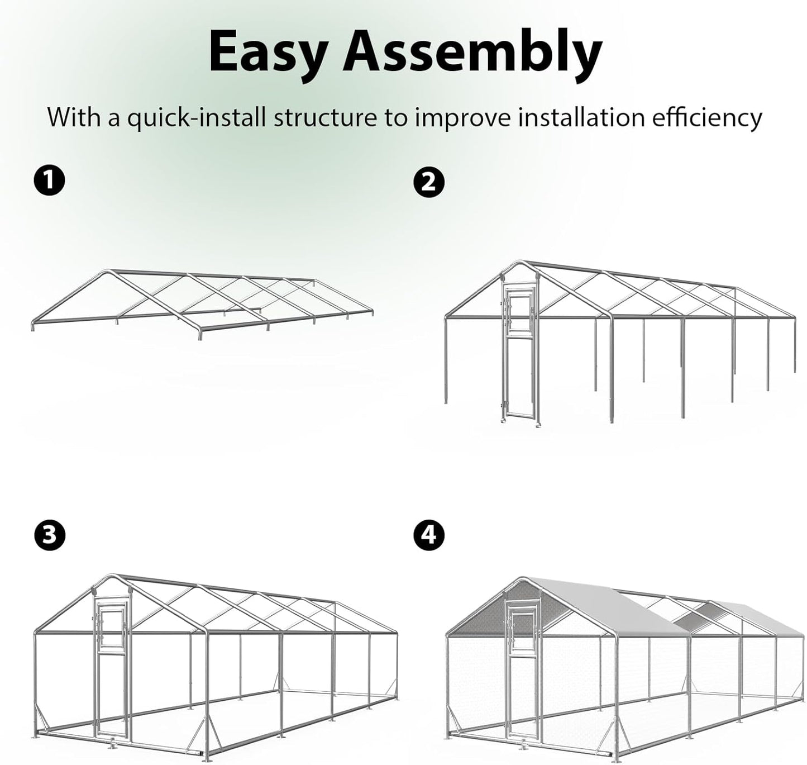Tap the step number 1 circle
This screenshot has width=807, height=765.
click(49, 181)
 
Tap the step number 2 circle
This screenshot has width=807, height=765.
click(428, 182)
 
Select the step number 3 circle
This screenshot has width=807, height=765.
click(49, 535)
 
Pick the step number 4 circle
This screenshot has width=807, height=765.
click(428, 535)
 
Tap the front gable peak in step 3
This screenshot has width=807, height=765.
click(113, 576)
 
